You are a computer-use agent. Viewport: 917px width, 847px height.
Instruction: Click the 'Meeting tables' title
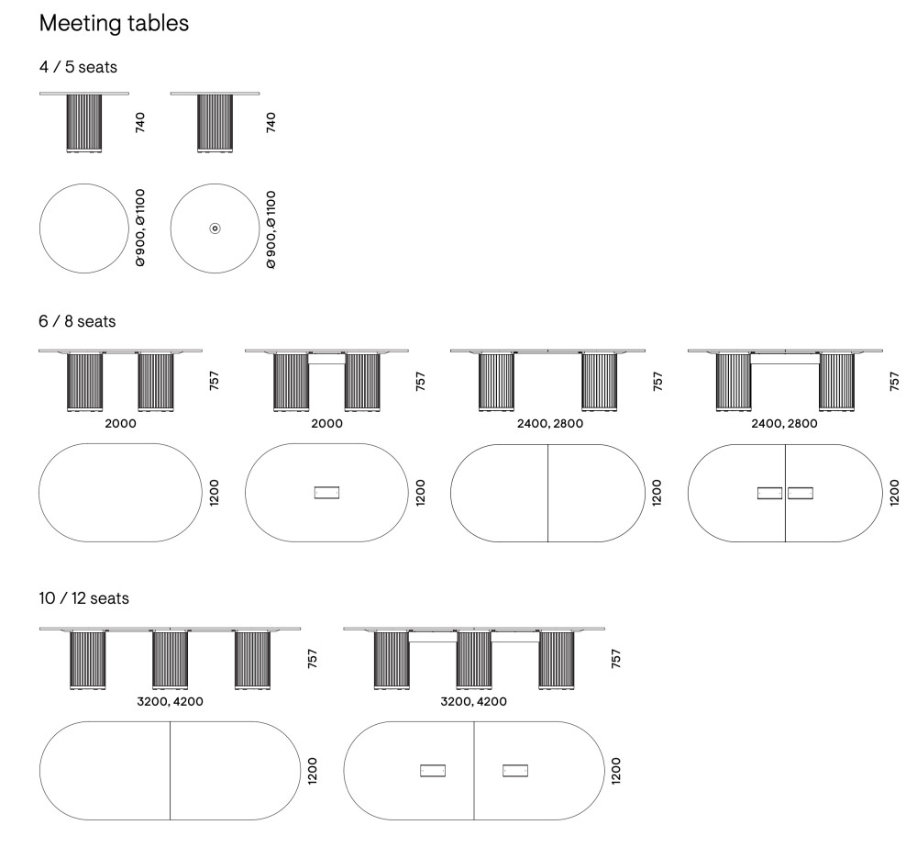114,24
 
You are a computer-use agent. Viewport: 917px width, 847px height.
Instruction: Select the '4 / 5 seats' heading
78,67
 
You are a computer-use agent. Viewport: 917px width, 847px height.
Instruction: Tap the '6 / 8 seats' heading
77,321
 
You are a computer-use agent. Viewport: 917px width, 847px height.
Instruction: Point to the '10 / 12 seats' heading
83,598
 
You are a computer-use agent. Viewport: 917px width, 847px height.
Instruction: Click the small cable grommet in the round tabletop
215,228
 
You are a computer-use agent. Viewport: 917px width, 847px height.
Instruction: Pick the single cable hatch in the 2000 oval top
327,493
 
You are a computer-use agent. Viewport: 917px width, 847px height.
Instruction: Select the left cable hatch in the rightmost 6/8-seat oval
769,493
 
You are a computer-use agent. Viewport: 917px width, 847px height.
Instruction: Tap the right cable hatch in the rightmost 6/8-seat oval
801,493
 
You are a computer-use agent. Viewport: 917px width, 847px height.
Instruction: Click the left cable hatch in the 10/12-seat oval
433,770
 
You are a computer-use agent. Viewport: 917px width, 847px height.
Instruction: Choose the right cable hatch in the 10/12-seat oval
515,770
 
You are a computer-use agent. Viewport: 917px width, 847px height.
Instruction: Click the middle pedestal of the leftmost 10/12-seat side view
170,659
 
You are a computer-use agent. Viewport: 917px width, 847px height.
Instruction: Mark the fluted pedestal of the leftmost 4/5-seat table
84,122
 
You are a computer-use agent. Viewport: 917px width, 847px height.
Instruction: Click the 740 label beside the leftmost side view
140,122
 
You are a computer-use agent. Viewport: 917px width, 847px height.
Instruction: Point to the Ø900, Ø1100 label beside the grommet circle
270,229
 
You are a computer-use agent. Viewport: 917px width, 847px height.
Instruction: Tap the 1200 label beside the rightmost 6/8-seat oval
894,493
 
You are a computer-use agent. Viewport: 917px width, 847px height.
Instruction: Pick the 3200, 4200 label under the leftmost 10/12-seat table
170,702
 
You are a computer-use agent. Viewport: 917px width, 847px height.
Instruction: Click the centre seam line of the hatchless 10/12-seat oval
170,770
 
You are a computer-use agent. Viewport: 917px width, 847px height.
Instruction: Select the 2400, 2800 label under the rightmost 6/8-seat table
784,424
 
